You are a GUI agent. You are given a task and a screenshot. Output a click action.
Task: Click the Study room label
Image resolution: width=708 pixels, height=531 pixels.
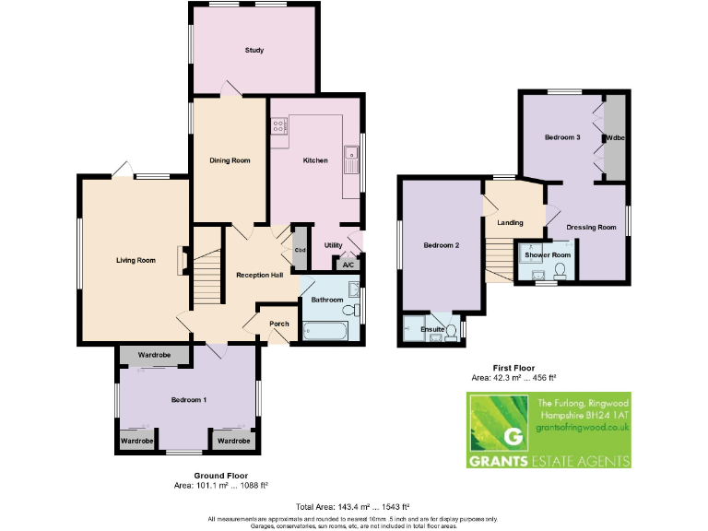[x=254, y=50]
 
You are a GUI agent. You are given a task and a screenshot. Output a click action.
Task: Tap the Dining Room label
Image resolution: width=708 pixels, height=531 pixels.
[x=230, y=160]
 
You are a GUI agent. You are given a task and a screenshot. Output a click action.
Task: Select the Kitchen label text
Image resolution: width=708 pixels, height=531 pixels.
[x=315, y=160]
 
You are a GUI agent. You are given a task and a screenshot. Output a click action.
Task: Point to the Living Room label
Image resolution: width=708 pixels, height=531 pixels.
[x=136, y=260]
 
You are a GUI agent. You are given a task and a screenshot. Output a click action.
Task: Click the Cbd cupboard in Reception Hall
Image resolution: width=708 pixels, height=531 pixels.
[x=300, y=249]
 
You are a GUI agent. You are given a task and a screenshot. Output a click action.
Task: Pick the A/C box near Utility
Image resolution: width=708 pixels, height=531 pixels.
[x=348, y=265]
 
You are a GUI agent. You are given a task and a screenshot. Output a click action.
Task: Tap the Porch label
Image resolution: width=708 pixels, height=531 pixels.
[x=278, y=324]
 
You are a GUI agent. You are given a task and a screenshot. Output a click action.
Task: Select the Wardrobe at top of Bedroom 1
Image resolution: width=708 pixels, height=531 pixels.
[x=154, y=355]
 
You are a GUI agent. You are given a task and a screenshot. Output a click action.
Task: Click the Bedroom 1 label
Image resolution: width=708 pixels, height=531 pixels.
[x=189, y=400]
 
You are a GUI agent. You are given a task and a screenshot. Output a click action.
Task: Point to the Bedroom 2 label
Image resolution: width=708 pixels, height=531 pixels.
[x=442, y=245]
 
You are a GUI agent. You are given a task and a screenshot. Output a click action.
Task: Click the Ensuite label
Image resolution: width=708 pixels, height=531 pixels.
[x=432, y=329]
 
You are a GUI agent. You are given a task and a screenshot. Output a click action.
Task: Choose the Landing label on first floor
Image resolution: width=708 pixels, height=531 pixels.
[x=510, y=222]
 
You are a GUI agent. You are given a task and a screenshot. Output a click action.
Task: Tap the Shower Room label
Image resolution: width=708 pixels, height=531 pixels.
[x=548, y=254]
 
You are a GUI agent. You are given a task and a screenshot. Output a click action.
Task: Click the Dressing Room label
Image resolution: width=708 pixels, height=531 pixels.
[x=590, y=227]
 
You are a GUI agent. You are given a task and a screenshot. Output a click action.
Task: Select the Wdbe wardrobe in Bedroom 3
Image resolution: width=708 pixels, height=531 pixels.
[x=614, y=137]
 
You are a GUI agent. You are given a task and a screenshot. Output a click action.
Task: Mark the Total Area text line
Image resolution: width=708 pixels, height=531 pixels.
[x=353, y=507]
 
